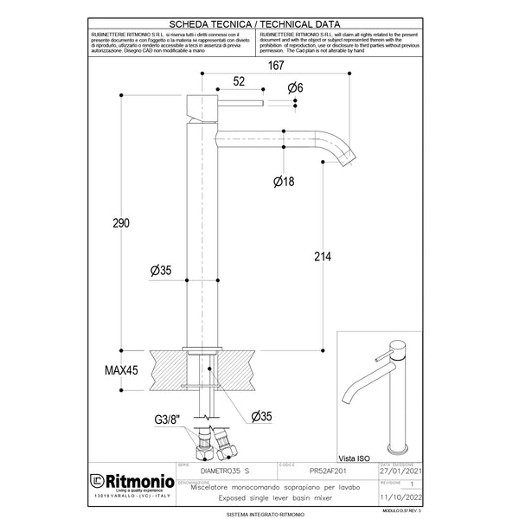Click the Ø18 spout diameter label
click(285, 183)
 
